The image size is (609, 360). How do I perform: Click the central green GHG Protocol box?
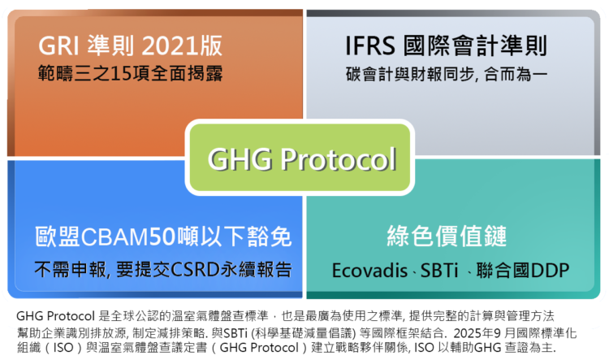click(302, 158)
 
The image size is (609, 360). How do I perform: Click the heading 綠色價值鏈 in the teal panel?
click(447, 237)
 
